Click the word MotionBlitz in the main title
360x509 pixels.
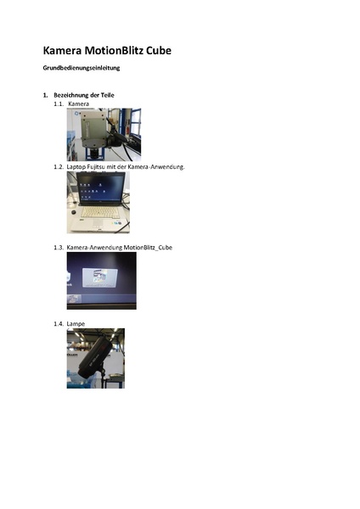pos(114,51)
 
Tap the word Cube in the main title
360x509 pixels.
pos(159,51)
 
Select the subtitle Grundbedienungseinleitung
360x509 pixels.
pos(82,68)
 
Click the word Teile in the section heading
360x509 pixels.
pos(107,95)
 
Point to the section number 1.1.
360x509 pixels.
pos(58,103)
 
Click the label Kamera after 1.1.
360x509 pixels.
pos(79,103)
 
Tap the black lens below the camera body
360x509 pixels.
pos(94,153)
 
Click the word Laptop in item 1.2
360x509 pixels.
pos(76,167)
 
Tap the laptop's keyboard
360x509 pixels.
pos(99,212)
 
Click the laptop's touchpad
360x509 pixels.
pos(98,223)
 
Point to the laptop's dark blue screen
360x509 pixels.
pos(101,187)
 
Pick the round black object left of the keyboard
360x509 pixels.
pos(74,213)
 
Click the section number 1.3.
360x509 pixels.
pos(59,248)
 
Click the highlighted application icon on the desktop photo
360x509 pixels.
pos(99,278)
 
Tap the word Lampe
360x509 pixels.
pos(76,324)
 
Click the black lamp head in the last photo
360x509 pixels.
pos(95,357)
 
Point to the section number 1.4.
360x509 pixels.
pos(59,324)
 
